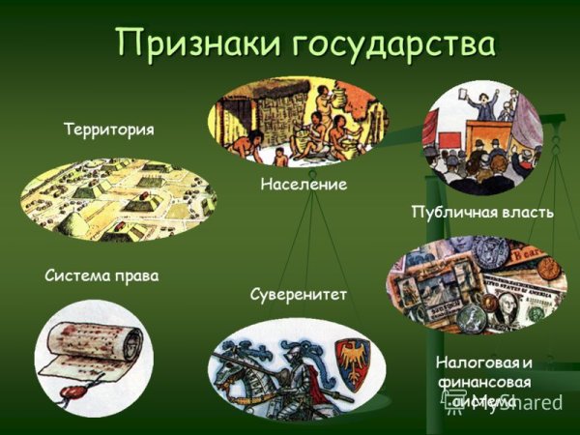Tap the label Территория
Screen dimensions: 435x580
(108, 129)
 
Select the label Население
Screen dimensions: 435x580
(303, 183)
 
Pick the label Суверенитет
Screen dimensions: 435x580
(297, 291)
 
